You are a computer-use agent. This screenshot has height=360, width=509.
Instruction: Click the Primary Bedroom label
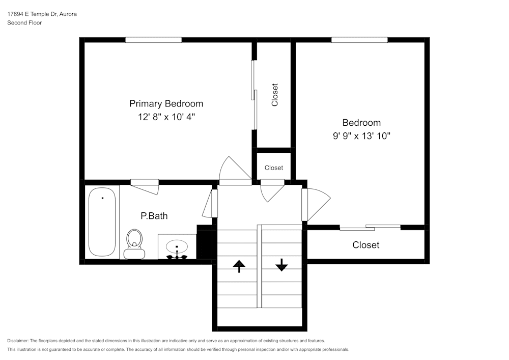click(x=166, y=103)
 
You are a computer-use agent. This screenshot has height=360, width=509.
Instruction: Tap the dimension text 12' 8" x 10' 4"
click(x=166, y=117)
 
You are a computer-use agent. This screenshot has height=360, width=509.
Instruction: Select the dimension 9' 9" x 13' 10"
click(x=361, y=135)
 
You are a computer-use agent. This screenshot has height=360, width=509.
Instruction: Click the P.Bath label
click(x=154, y=216)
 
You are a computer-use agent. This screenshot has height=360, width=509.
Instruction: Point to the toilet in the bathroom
click(x=134, y=244)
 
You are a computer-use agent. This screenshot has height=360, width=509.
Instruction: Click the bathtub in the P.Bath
click(x=102, y=222)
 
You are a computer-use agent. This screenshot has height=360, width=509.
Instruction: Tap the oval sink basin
click(x=177, y=247)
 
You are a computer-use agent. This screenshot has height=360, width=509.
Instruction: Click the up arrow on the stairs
click(x=239, y=266)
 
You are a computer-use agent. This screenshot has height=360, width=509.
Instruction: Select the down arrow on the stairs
click(x=281, y=265)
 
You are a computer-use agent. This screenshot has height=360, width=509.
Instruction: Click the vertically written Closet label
click(x=275, y=95)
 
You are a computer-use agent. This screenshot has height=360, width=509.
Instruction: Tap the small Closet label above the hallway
click(x=274, y=168)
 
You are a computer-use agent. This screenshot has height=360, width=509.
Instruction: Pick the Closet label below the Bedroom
click(x=366, y=245)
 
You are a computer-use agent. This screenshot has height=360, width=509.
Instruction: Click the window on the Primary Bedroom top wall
click(x=154, y=40)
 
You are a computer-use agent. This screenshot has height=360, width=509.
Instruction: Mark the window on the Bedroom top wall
click(x=360, y=40)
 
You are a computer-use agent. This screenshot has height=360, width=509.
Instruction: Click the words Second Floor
click(x=24, y=23)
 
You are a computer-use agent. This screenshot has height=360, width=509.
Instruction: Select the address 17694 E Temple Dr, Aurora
click(x=42, y=14)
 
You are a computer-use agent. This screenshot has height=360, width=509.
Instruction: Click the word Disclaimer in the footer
click(x=17, y=341)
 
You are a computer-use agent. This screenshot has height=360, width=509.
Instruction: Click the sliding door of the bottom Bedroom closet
click(x=370, y=227)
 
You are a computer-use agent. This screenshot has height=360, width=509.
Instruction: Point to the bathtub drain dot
click(x=103, y=198)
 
